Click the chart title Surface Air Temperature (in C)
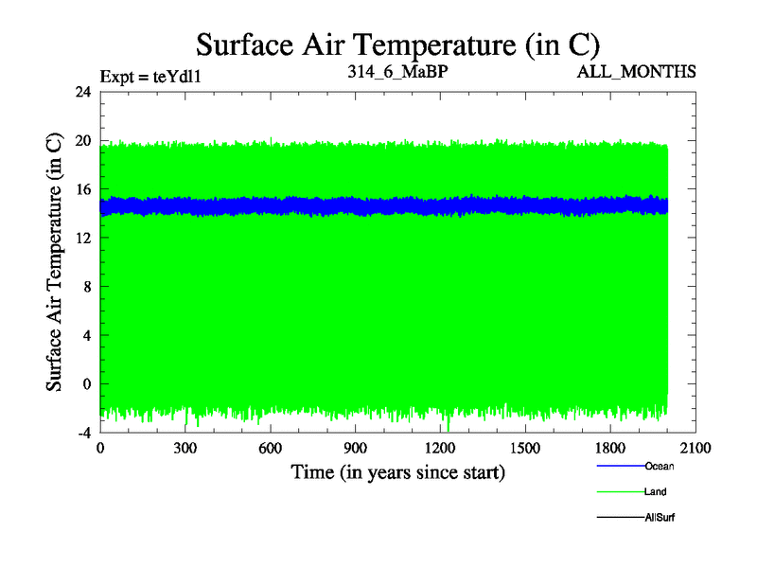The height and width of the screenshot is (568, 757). tap(397, 44)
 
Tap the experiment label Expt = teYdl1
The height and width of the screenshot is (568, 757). tap(151, 75)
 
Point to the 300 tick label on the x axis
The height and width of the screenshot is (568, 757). tap(185, 449)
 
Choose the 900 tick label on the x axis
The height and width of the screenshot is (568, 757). tap(356, 449)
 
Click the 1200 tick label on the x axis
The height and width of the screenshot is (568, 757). tap(441, 449)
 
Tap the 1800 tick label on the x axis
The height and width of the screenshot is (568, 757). tap(611, 449)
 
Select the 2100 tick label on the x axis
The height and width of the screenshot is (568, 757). tap(696, 449)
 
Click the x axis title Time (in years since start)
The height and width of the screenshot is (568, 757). tap(397, 471)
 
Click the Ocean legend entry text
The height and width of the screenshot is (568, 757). tap(659, 466)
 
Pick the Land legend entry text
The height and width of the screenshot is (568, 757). tap(656, 492)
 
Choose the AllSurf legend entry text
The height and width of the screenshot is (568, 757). tap(660, 518)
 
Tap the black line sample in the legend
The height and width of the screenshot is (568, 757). tap(620, 518)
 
